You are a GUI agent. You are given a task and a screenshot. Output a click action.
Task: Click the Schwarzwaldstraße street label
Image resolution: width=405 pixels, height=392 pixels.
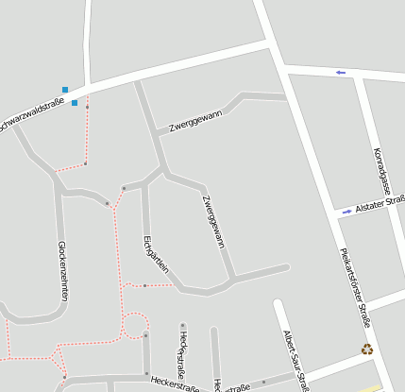[32, 114]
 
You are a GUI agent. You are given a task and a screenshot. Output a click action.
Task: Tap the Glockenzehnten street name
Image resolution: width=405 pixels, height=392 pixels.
[63, 269]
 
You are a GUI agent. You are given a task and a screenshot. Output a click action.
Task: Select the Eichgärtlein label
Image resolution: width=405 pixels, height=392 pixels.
[156, 252]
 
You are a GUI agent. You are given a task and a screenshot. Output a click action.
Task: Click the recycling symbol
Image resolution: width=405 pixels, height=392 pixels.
[366, 349]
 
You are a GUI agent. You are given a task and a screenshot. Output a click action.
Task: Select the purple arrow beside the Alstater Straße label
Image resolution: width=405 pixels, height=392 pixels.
[346, 212]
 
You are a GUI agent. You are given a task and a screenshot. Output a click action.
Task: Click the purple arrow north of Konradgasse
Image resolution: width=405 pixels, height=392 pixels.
[341, 72]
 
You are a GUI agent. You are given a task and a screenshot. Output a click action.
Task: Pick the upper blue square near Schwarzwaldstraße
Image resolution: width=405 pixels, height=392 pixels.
[65, 90]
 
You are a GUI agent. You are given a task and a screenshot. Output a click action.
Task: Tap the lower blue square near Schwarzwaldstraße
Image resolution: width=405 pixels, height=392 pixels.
[75, 102]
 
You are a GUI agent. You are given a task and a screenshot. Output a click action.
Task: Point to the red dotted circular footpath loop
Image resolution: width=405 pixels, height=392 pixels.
[135, 324]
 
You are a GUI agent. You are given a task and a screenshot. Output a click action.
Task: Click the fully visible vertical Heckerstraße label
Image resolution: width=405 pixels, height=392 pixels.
[182, 351]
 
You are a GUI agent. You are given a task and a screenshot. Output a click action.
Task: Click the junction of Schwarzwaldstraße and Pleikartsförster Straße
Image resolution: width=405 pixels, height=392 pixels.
[275, 47]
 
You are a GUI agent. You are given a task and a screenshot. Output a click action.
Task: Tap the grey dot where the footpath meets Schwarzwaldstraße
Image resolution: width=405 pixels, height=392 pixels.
[87, 107]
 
